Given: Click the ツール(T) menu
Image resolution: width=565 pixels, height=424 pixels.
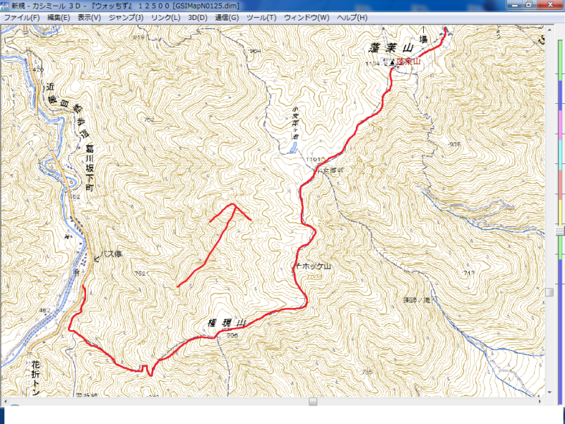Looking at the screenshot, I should pyautogui.click(x=261, y=17).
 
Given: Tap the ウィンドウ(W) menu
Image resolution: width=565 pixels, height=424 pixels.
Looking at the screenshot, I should pyautogui.click(x=306, y=17).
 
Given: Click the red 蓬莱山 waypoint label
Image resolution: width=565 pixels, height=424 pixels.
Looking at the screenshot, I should pyautogui.click(x=408, y=62).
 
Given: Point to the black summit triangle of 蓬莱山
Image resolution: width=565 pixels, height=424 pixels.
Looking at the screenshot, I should pyautogui.click(x=392, y=63).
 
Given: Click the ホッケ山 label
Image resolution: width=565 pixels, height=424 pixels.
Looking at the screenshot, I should pyautogui.click(x=316, y=266).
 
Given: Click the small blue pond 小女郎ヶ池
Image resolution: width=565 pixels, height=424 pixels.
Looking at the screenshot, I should pyautogui.click(x=290, y=148).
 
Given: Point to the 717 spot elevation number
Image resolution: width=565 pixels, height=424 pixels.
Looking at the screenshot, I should pyautogui.click(x=468, y=273).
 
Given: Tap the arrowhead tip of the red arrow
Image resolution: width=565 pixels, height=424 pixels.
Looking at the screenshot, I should pyautogui.click(x=233, y=205).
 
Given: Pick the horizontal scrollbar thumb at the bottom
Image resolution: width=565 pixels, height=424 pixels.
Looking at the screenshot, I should pyautogui.click(x=313, y=401).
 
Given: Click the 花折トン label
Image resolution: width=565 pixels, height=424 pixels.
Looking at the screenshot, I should pyautogui.click(x=36, y=377).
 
